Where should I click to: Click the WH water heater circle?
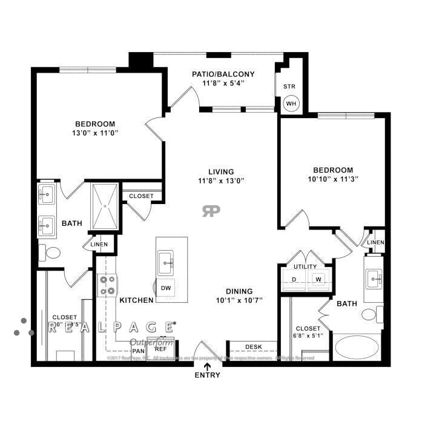coord(291,104)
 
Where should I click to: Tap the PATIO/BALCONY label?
coord(223,74)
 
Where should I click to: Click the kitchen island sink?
coord(166,262)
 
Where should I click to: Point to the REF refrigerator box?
coord(160,349)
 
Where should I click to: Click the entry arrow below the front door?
coord(208,366)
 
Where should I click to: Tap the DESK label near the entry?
coord(253,347)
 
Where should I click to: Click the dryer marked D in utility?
coord(294,279)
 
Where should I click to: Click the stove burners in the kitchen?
coord(107,285)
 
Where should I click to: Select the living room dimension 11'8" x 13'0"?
coord(220,180)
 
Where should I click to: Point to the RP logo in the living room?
coord(211,210)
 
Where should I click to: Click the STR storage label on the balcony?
coord(289,86)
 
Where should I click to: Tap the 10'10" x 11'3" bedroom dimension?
coord(332,179)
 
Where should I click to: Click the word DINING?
coord(240,291)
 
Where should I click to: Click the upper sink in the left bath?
coord(46,194)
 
